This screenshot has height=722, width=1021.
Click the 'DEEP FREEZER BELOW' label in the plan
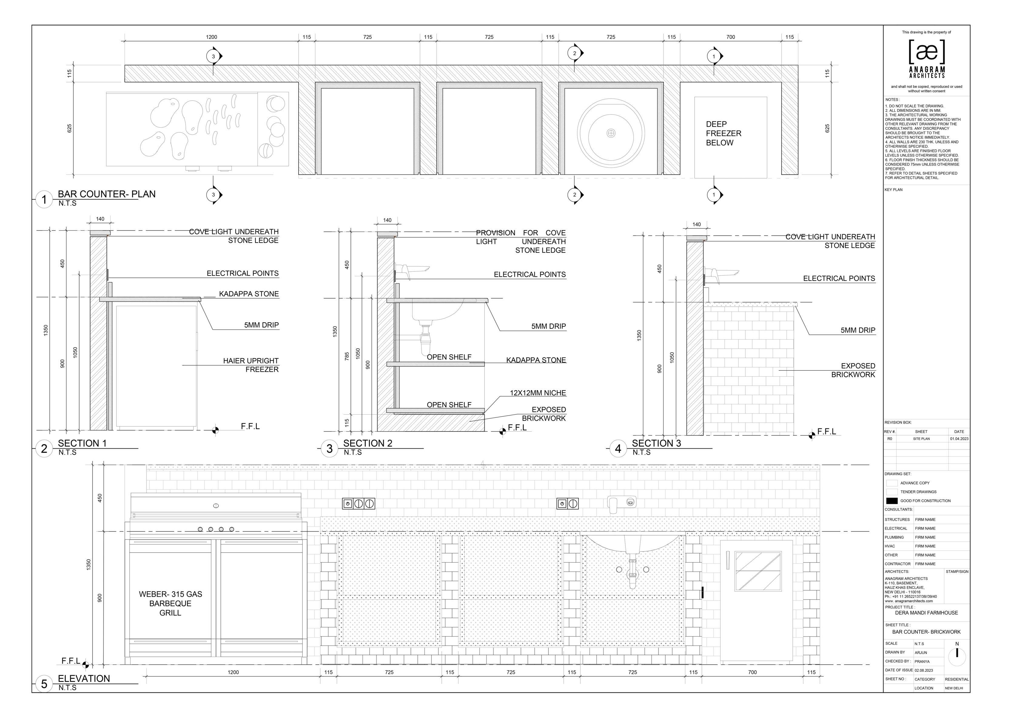pos(724,133)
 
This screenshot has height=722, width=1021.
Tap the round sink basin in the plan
pos(611,133)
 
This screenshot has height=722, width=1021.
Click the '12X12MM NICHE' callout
pos(538,393)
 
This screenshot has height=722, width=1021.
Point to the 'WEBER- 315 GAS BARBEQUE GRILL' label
pos(170,603)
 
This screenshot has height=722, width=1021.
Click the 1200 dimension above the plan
pos(212,37)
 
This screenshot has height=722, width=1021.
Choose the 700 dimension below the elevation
pos(752,672)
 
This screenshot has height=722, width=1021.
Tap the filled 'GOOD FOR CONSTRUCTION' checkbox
pos(892,501)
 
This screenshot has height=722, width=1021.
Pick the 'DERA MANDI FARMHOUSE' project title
pos(926,613)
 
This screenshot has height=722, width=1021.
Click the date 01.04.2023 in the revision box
pos(959,439)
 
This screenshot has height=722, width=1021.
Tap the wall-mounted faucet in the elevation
pos(622,502)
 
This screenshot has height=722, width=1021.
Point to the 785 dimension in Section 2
pos(347,356)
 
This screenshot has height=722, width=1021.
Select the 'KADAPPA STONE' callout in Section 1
pos(249,294)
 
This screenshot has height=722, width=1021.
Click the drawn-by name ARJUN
pos(921,653)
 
